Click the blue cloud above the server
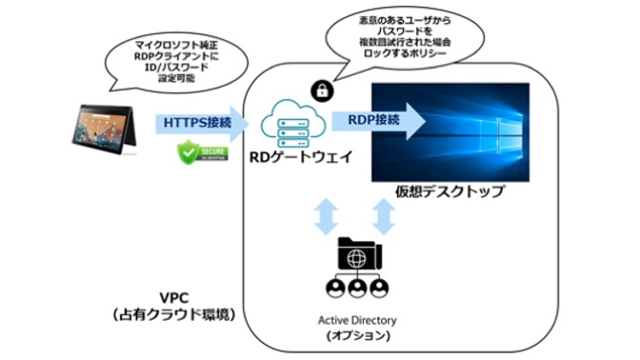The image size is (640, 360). (x=293, y=112)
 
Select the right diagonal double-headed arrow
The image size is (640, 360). (x=385, y=217)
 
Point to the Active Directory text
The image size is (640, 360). (x=359, y=318)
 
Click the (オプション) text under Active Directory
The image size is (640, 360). (x=359, y=334)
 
